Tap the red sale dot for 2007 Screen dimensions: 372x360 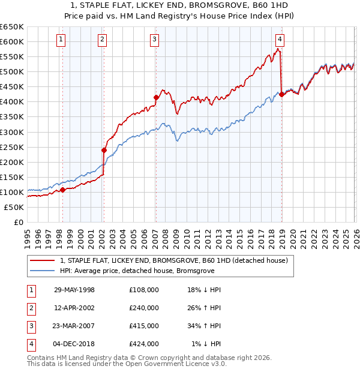click(x=156, y=97)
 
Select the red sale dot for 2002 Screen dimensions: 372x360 click(x=104, y=150)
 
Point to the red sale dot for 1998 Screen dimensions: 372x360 click(x=62, y=190)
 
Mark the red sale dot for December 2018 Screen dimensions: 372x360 click(x=281, y=94)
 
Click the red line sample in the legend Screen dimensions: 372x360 click(x=42, y=260)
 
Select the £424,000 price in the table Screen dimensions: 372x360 click(x=143, y=344)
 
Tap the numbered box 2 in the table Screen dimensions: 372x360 click(x=31, y=308)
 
